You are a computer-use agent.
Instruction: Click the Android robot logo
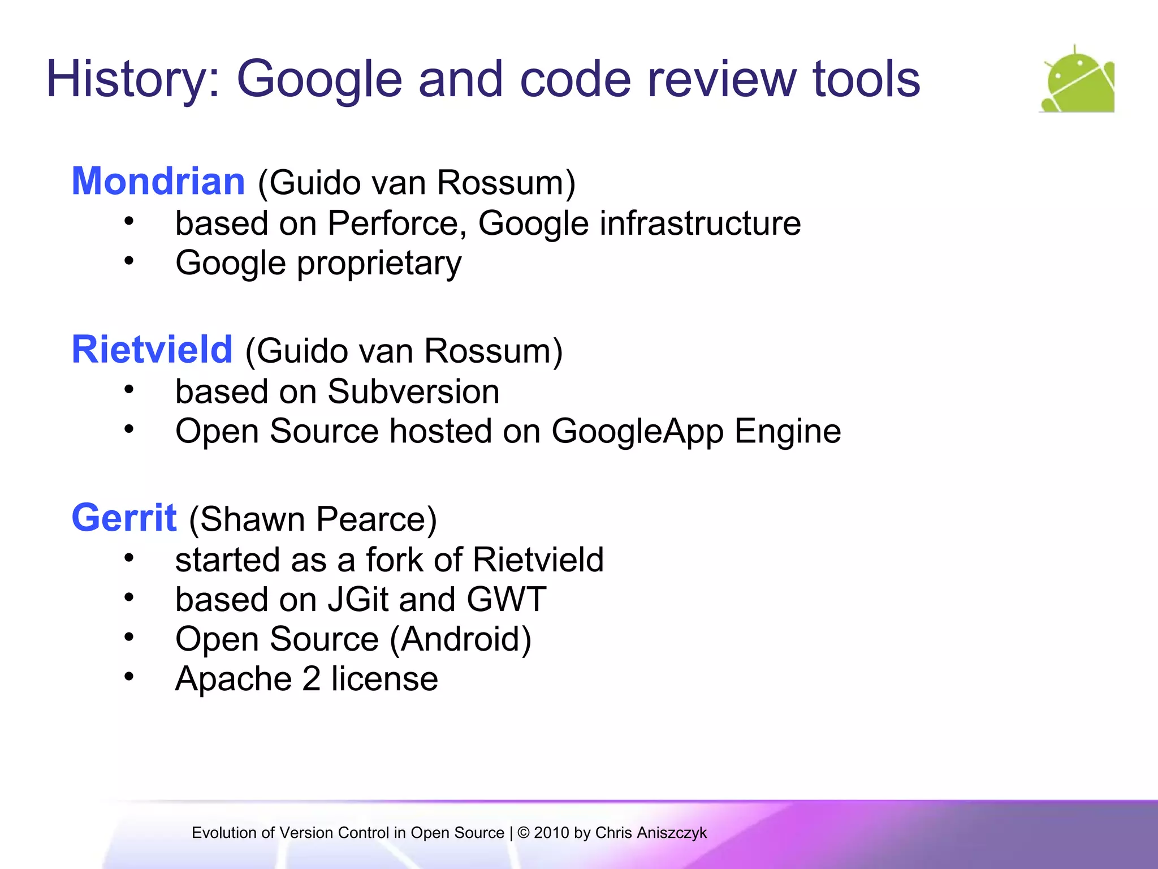click(x=1077, y=80)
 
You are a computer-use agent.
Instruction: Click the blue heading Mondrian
click(x=158, y=182)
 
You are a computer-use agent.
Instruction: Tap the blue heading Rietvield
click(x=152, y=350)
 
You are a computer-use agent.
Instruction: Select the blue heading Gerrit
click(x=124, y=518)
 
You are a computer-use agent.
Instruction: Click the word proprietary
click(x=379, y=264)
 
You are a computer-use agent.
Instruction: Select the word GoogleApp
click(x=637, y=432)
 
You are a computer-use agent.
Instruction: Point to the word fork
click(x=394, y=560)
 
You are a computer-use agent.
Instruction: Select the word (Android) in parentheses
click(x=461, y=640)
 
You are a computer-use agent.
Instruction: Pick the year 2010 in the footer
click(x=551, y=833)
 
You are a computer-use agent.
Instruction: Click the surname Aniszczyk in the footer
click(x=672, y=833)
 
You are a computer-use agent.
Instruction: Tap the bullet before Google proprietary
click(x=129, y=261)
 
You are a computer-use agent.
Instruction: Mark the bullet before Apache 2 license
click(x=129, y=677)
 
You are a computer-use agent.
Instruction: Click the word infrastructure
click(x=700, y=223)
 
